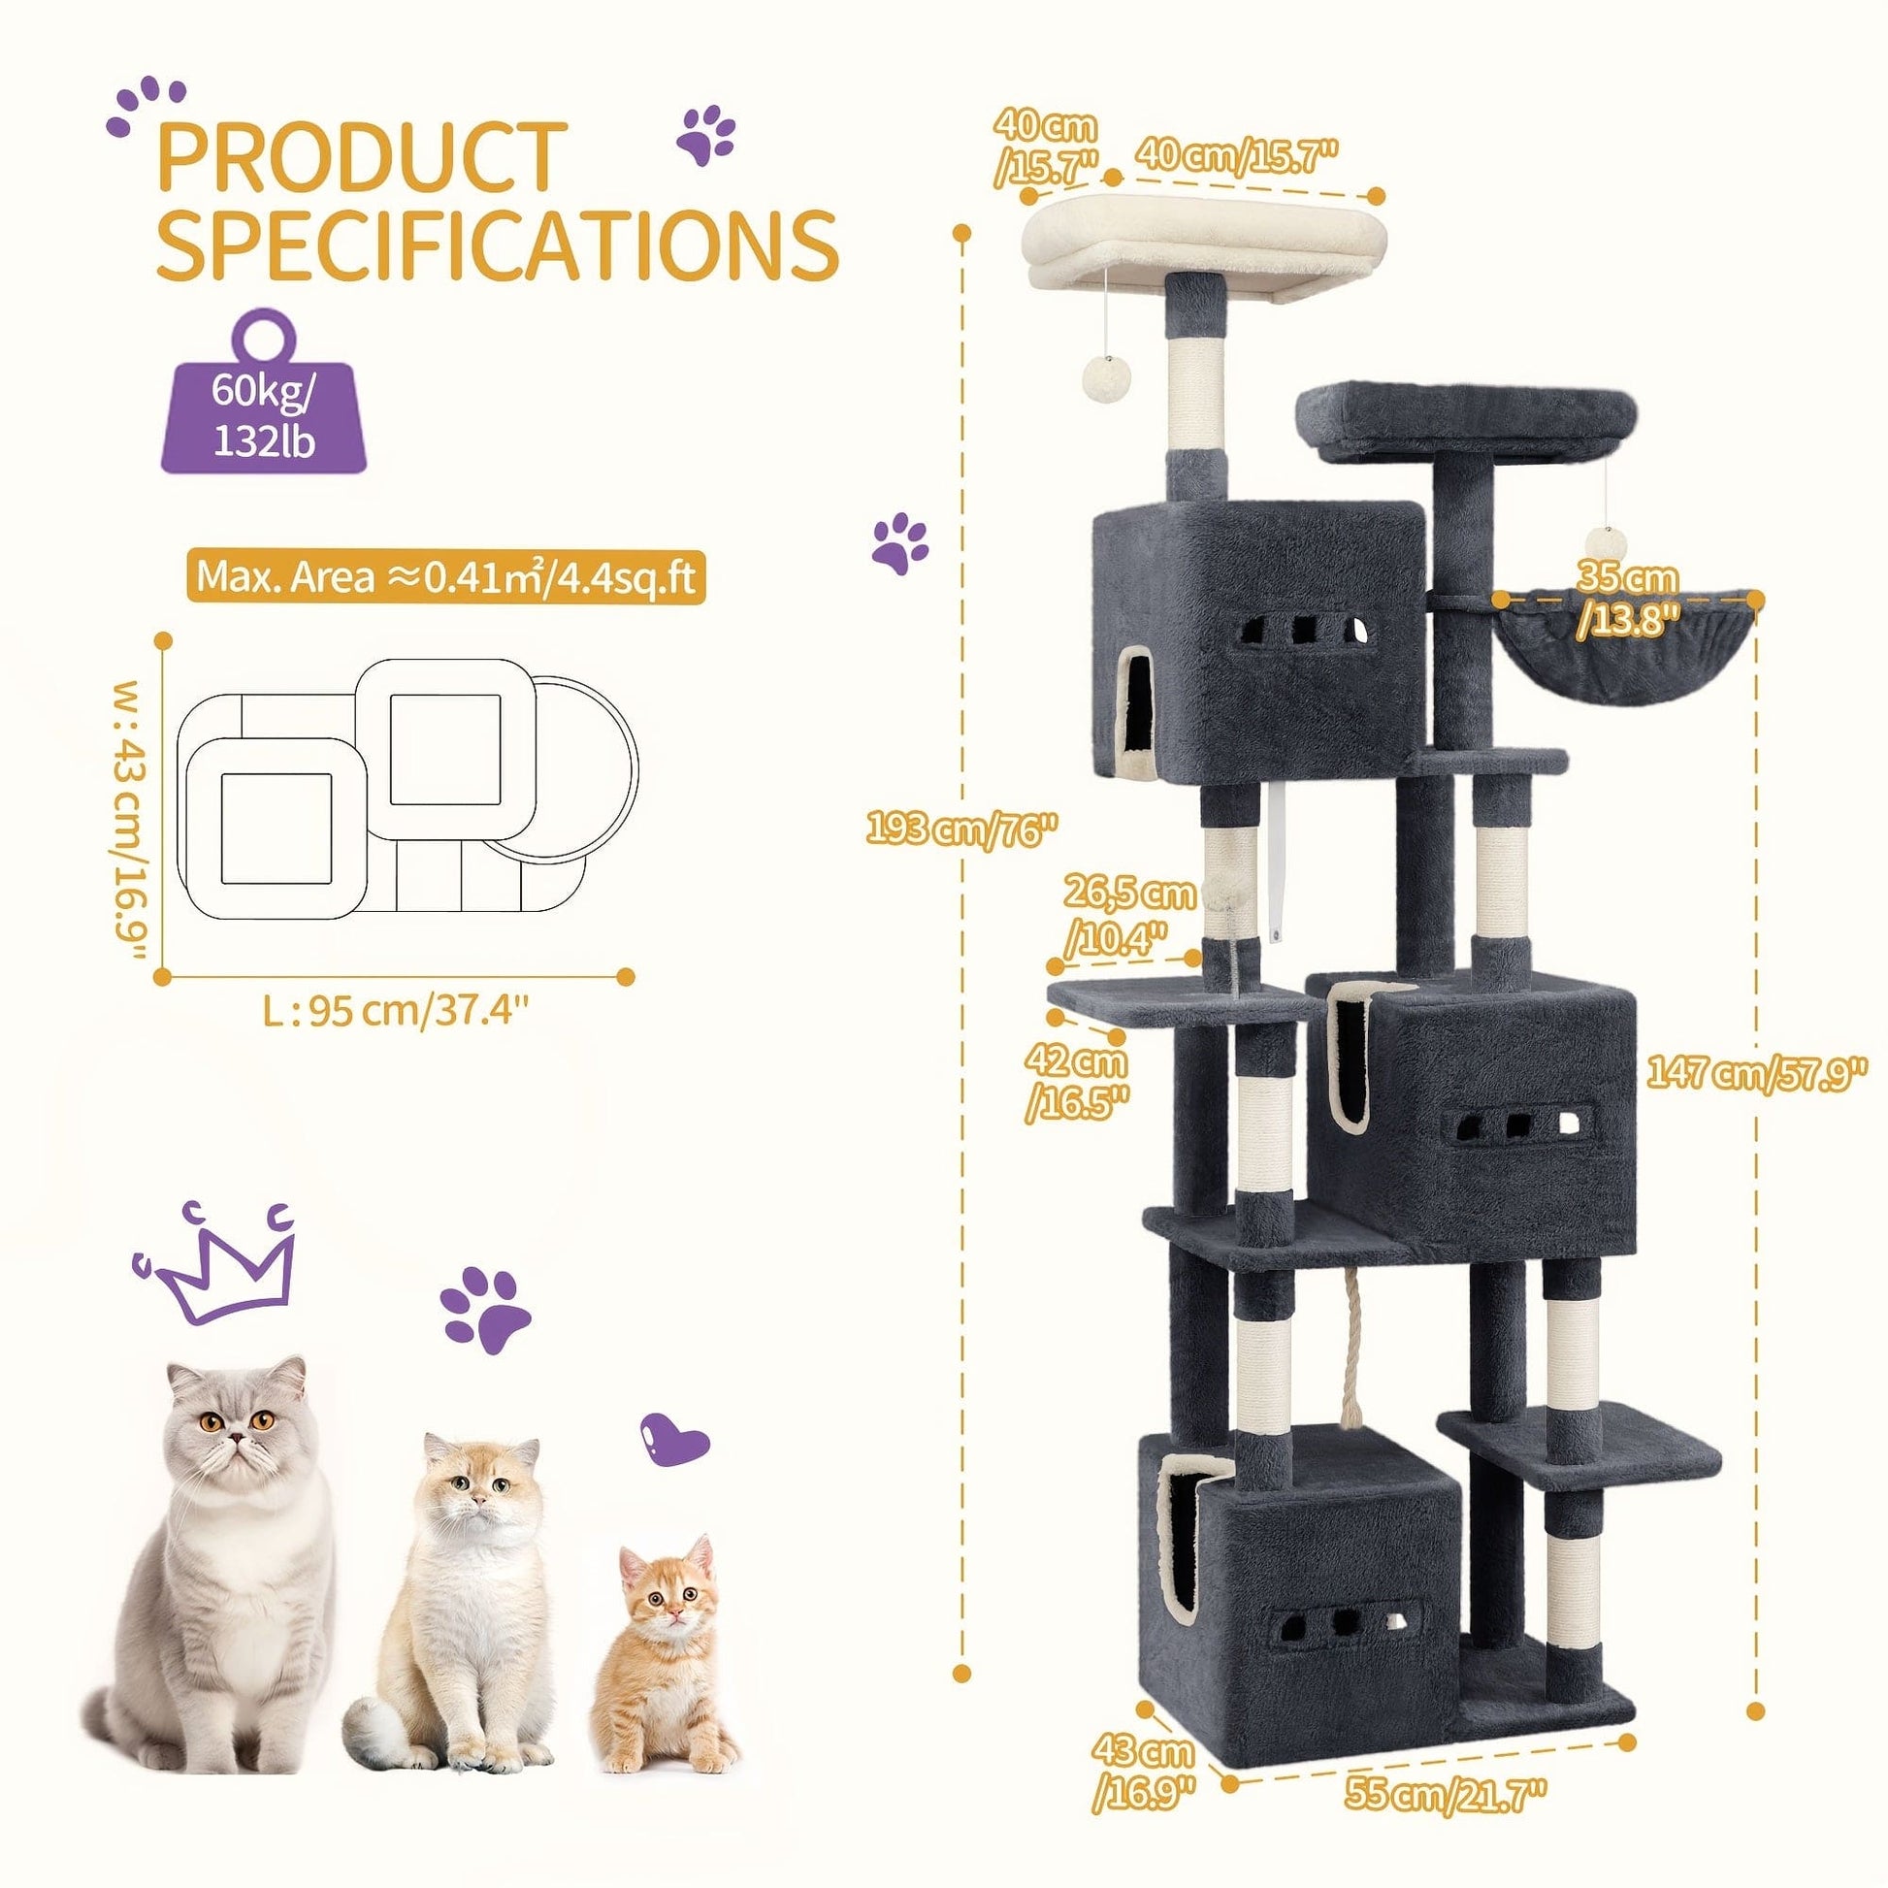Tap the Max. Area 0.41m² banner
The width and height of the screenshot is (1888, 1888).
point(444,576)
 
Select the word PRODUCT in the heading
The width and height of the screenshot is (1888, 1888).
point(362,156)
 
